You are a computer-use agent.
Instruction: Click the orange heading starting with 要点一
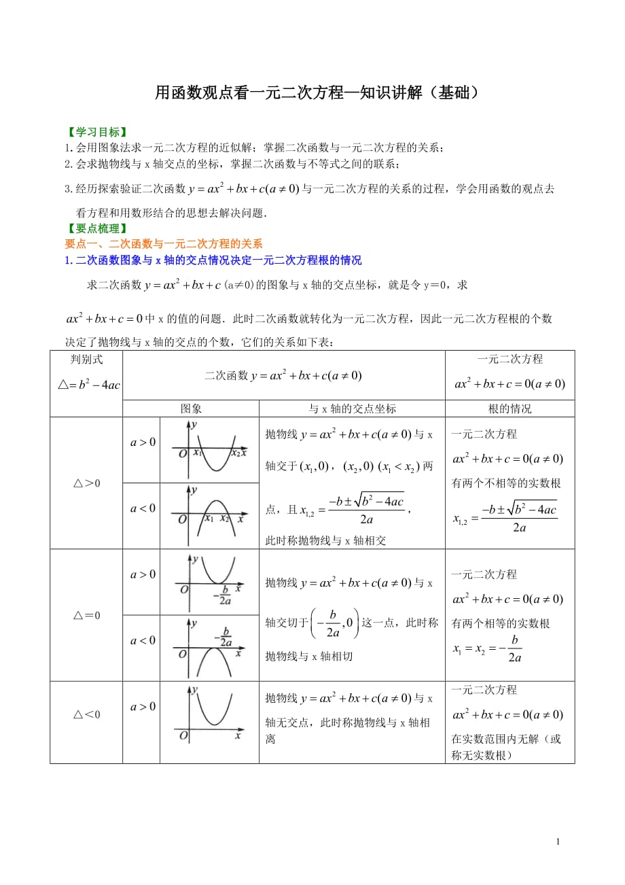point(163,244)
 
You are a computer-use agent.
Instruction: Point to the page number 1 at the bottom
point(558,842)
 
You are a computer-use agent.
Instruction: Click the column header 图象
point(191,409)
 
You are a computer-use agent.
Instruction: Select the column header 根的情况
point(510,409)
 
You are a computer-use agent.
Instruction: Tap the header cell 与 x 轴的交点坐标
point(352,409)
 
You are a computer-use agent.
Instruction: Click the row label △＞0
point(86,483)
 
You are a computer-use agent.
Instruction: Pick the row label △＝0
point(86,616)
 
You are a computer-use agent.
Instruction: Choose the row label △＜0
point(86,714)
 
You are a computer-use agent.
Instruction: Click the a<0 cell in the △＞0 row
point(143,508)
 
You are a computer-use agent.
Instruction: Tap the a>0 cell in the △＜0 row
point(143,706)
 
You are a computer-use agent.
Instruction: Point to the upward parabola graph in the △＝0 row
point(209,581)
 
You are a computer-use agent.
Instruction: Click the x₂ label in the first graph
point(235,453)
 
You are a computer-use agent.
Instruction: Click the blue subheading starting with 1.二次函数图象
point(213,260)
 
